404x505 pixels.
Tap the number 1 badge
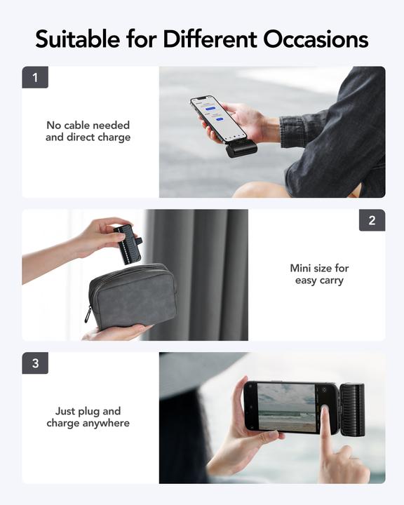point(35,77)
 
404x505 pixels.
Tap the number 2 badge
point(372,220)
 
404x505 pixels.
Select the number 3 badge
point(35,363)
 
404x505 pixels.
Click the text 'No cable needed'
point(88,126)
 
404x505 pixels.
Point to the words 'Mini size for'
point(319,268)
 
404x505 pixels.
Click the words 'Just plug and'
point(88,411)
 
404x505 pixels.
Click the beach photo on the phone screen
point(288,407)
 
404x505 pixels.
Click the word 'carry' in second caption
point(330,281)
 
